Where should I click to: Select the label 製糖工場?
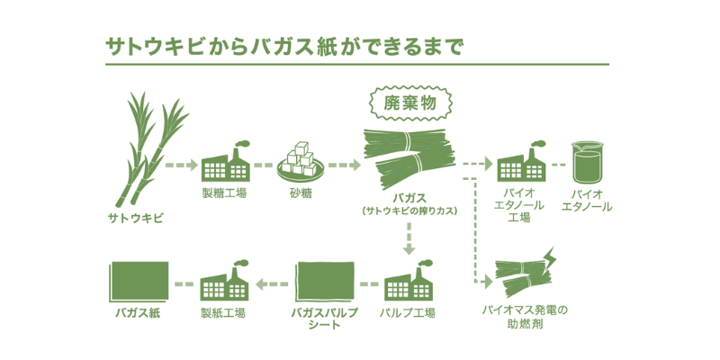224,193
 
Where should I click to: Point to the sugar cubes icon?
300,162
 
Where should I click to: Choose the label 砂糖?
300,193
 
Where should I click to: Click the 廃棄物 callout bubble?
409,103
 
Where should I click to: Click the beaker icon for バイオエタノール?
587,162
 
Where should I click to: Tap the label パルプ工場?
408,313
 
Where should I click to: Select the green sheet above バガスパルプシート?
326,283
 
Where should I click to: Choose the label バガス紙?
137,313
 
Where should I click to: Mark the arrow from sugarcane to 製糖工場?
181,166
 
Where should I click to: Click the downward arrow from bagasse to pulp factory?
409,238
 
